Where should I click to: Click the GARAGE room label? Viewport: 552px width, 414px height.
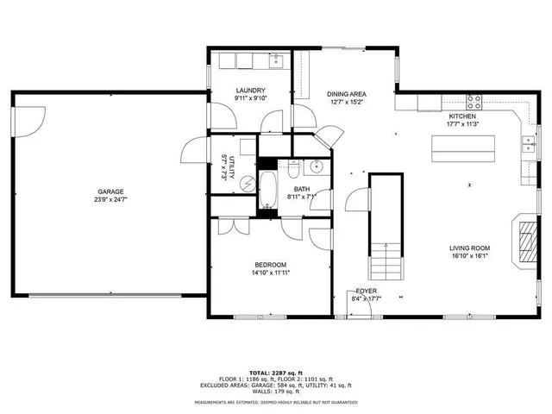pos(110,191)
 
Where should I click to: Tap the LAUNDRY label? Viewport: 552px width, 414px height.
pos(250,90)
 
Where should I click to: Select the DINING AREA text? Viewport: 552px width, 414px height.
pos(346,93)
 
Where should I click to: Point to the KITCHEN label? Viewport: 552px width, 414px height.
pos(462,116)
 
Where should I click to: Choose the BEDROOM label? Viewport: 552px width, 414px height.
pos(270,265)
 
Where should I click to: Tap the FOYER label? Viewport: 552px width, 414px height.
pos(367,292)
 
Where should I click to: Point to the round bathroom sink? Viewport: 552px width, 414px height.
pos(316,166)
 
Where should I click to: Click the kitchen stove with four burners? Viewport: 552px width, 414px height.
pos(474,102)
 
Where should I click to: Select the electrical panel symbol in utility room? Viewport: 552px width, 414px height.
pos(247,183)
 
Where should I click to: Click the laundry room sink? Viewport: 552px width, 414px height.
pos(277,60)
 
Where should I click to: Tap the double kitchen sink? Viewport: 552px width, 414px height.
pos(528,144)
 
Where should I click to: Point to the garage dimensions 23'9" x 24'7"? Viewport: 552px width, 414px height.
pos(110,200)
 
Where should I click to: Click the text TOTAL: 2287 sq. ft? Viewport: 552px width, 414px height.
pos(276,372)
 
